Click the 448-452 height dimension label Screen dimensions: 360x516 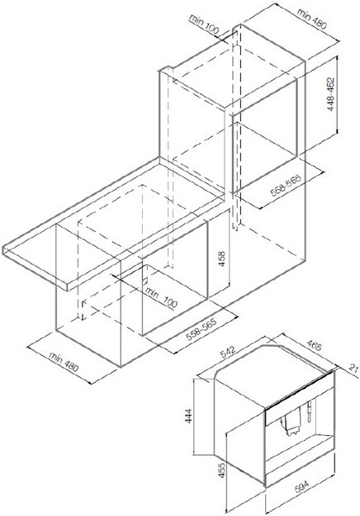click(331, 94)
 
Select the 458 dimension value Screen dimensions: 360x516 click(222, 258)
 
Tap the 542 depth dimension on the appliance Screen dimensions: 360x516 click(228, 352)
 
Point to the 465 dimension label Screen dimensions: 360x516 click(315, 346)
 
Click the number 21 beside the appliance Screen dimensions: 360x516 click(353, 368)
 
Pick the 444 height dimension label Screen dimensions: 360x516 click(188, 415)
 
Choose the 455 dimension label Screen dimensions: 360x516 click(222, 471)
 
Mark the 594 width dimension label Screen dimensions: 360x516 click(301, 487)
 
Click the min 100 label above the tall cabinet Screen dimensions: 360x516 click(204, 24)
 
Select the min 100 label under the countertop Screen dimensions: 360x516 click(161, 297)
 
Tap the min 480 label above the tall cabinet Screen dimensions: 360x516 click(311, 18)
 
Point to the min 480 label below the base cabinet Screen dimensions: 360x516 click(64, 362)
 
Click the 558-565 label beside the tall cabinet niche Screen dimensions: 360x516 click(286, 185)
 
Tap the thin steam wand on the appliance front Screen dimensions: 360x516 click(310, 410)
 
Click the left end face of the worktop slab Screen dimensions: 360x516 click(36, 267)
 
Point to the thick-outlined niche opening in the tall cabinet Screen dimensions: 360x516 click(265, 135)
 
